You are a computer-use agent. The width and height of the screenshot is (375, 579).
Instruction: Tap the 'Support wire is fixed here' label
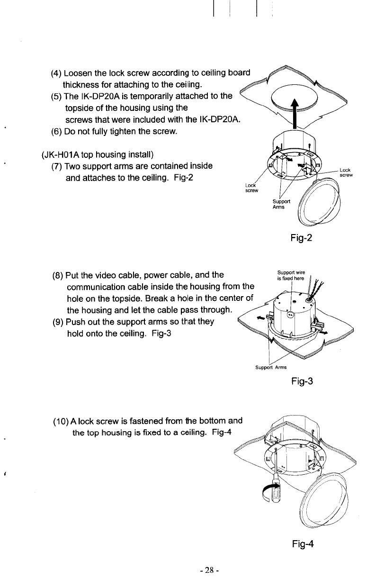pyautogui.click(x=292, y=275)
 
